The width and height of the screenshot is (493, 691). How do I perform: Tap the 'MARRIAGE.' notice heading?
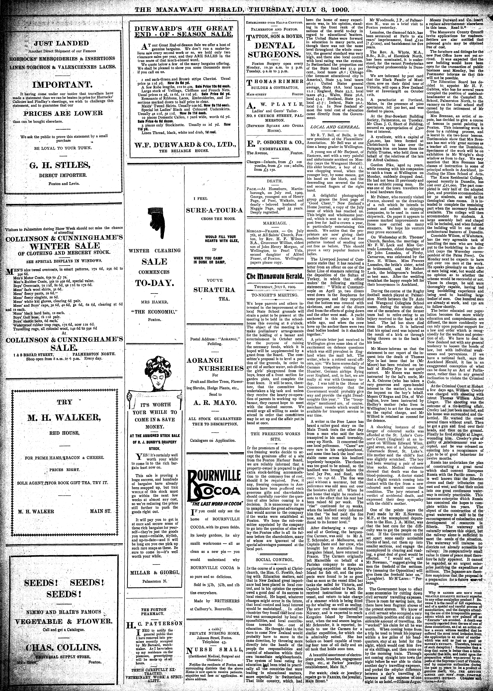point(274,223)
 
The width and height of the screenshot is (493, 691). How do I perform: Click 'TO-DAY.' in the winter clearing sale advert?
point(155,283)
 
